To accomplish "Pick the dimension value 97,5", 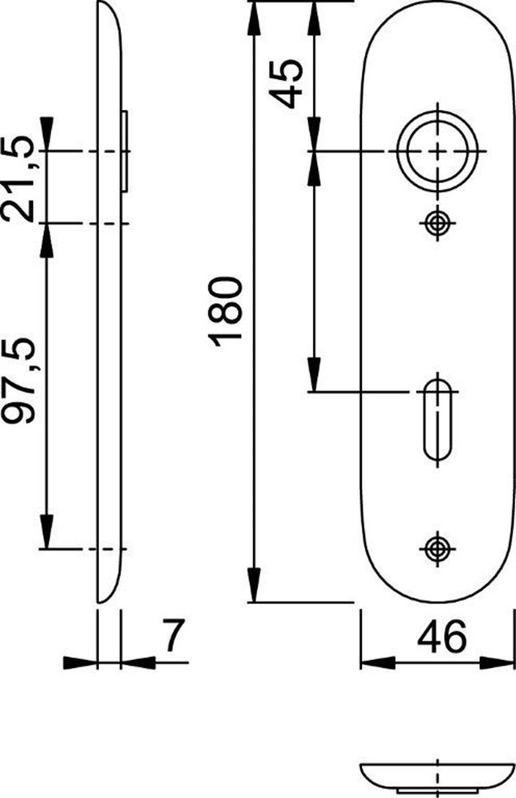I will pyautogui.click(x=19, y=382).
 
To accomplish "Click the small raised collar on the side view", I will pyautogui.click(x=125, y=150).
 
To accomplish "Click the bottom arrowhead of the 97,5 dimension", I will pyautogui.click(x=46, y=536).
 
